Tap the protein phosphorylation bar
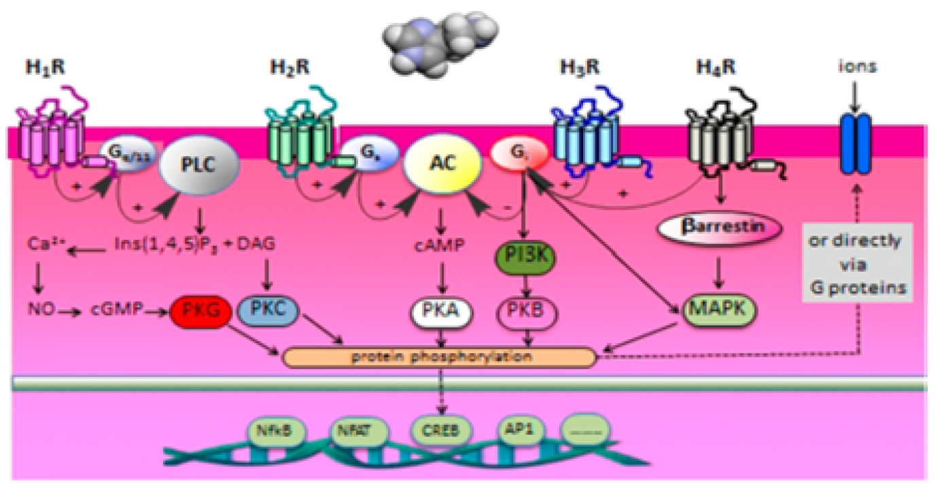coord(438,357)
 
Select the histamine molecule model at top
coord(440,43)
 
